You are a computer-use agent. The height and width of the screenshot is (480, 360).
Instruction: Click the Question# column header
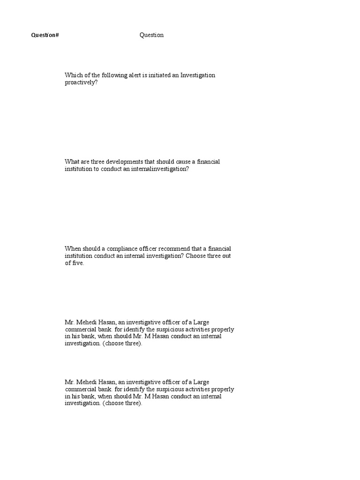tap(45, 35)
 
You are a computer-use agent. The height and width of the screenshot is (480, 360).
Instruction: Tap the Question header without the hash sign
tap(151, 35)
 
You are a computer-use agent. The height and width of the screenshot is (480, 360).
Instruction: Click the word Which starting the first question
tap(73, 75)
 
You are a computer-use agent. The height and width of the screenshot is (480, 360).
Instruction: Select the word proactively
tap(81, 82)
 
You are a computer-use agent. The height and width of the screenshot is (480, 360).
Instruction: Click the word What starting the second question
tap(72, 162)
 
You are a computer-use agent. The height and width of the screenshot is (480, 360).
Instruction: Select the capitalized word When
tap(73, 248)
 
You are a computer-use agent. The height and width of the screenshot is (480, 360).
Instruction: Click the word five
tap(78, 263)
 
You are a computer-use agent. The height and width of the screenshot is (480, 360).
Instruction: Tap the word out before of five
tap(226, 256)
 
